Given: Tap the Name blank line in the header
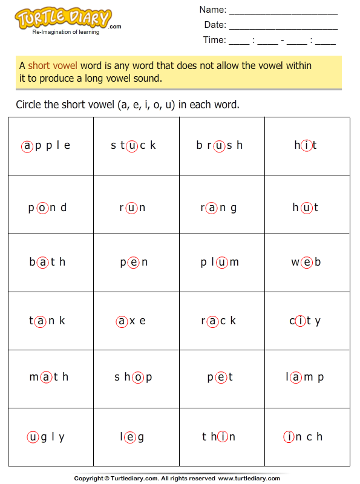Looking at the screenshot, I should (x=283, y=11).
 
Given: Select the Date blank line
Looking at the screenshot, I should (x=283, y=27).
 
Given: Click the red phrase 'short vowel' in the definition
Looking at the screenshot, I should (x=53, y=65).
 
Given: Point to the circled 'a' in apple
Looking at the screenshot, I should (x=27, y=145).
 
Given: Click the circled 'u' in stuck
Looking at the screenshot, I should (x=132, y=145).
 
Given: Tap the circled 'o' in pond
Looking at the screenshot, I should (x=42, y=208).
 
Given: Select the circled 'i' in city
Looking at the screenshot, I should (x=301, y=321).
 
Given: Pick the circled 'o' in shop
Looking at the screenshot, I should (x=139, y=377).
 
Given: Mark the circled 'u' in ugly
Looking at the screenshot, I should (x=33, y=437).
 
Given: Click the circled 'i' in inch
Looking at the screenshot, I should (x=289, y=437).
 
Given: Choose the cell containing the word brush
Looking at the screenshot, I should (x=222, y=146).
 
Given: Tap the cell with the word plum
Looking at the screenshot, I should (x=222, y=263).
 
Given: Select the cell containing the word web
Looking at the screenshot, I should (x=307, y=263).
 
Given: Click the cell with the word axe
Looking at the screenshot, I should (x=136, y=321).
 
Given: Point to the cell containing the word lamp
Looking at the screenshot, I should (x=307, y=378).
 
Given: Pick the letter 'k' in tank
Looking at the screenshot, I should (x=62, y=321).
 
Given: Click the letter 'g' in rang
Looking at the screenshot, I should (x=234, y=208).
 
